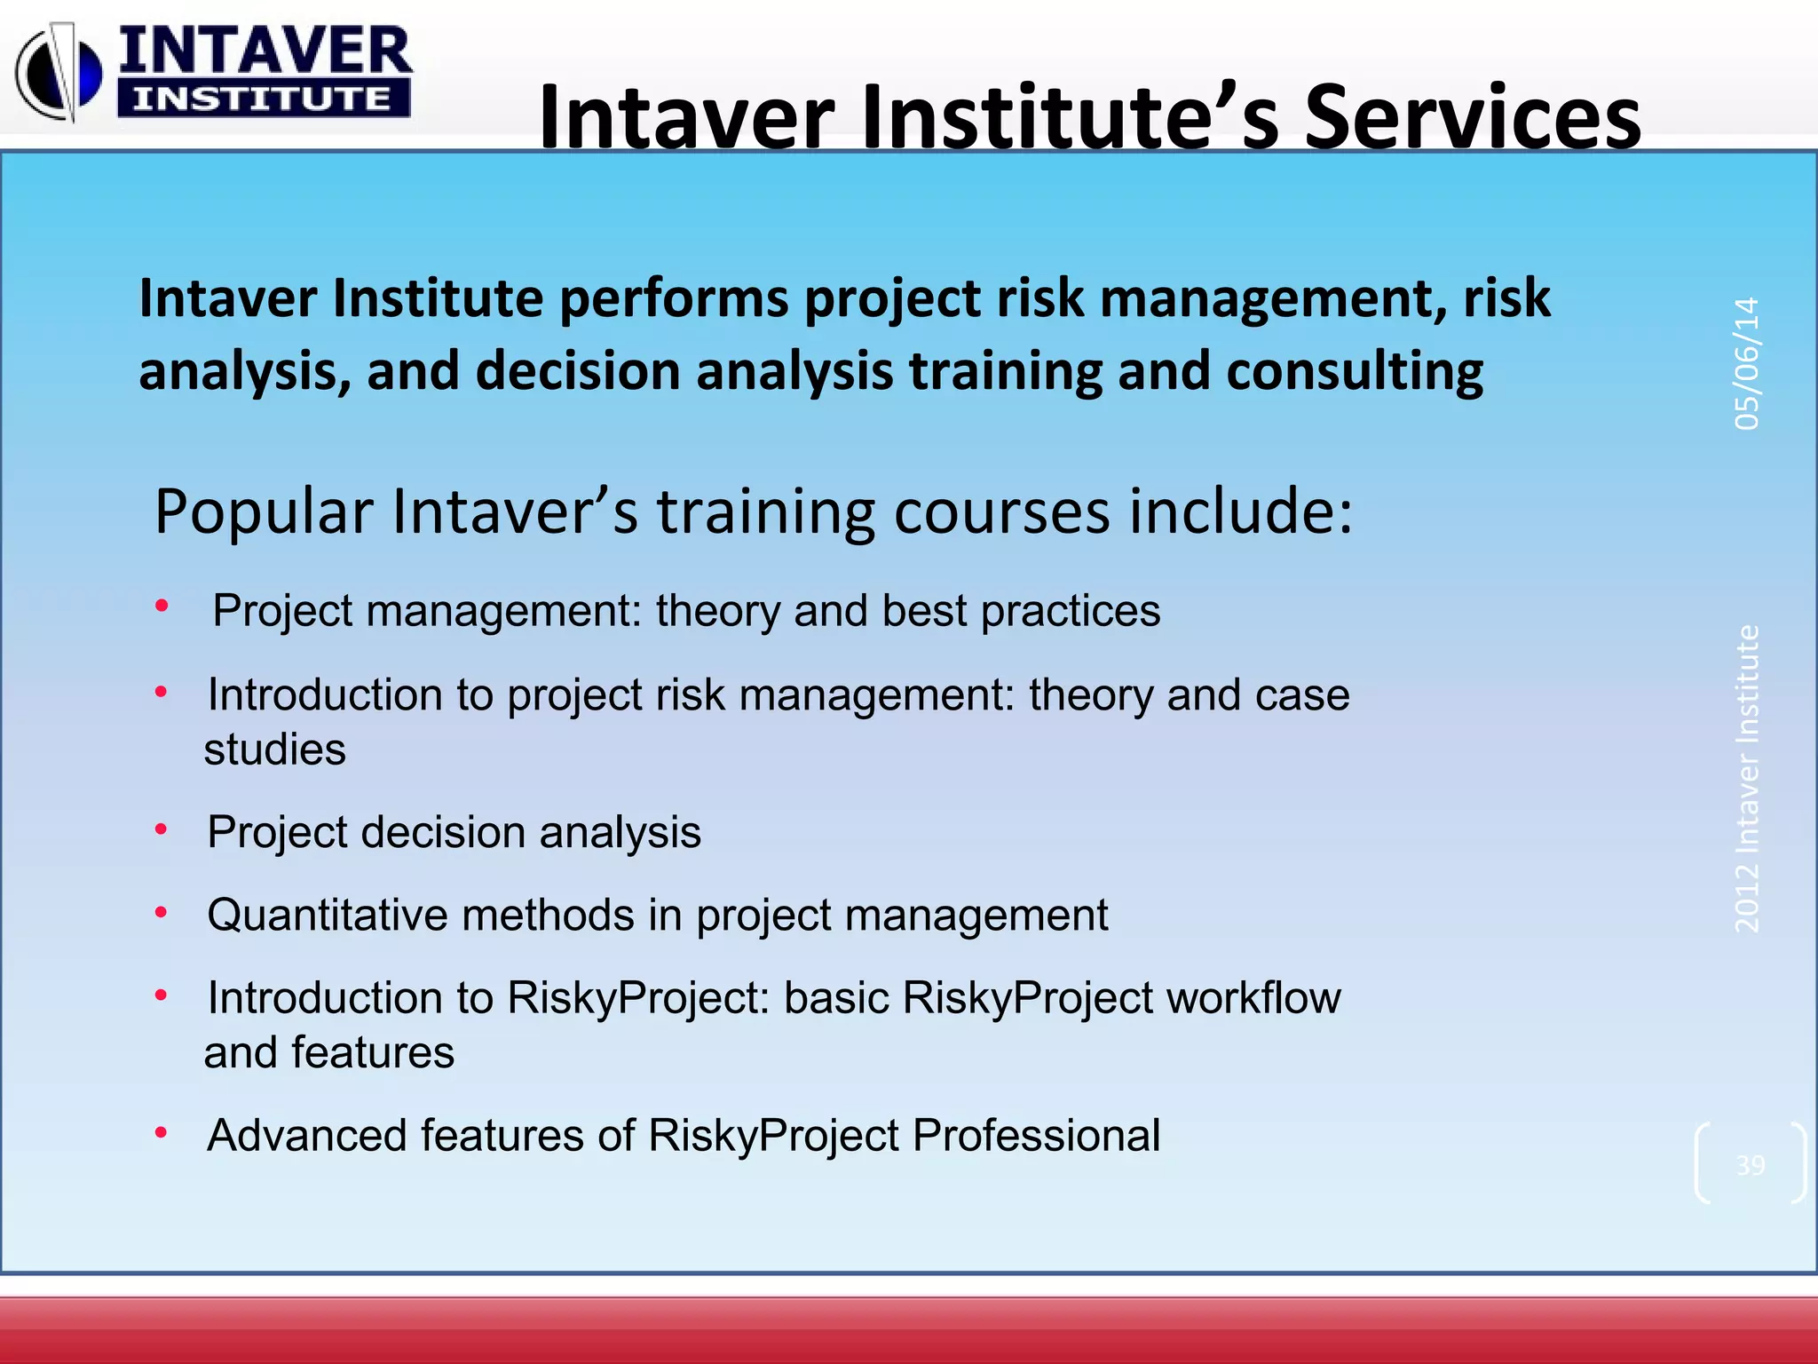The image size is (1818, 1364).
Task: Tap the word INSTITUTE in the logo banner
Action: (x=262, y=99)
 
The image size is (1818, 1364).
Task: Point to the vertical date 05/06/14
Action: (x=1746, y=363)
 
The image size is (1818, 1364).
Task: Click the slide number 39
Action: (x=1750, y=1164)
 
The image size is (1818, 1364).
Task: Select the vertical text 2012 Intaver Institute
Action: (x=1746, y=779)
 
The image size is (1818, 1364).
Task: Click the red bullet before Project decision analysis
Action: (x=161, y=829)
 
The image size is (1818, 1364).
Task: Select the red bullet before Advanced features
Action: (x=161, y=1132)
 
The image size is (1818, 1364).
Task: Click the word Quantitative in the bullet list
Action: (x=326, y=915)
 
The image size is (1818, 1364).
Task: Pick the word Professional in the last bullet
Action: (x=1036, y=1135)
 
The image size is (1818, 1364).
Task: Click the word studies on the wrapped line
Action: (x=274, y=749)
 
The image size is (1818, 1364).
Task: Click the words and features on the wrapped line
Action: (x=328, y=1052)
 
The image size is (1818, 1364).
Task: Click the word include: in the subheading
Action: (x=1240, y=512)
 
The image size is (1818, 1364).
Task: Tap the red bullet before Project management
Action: (x=161, y=607)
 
